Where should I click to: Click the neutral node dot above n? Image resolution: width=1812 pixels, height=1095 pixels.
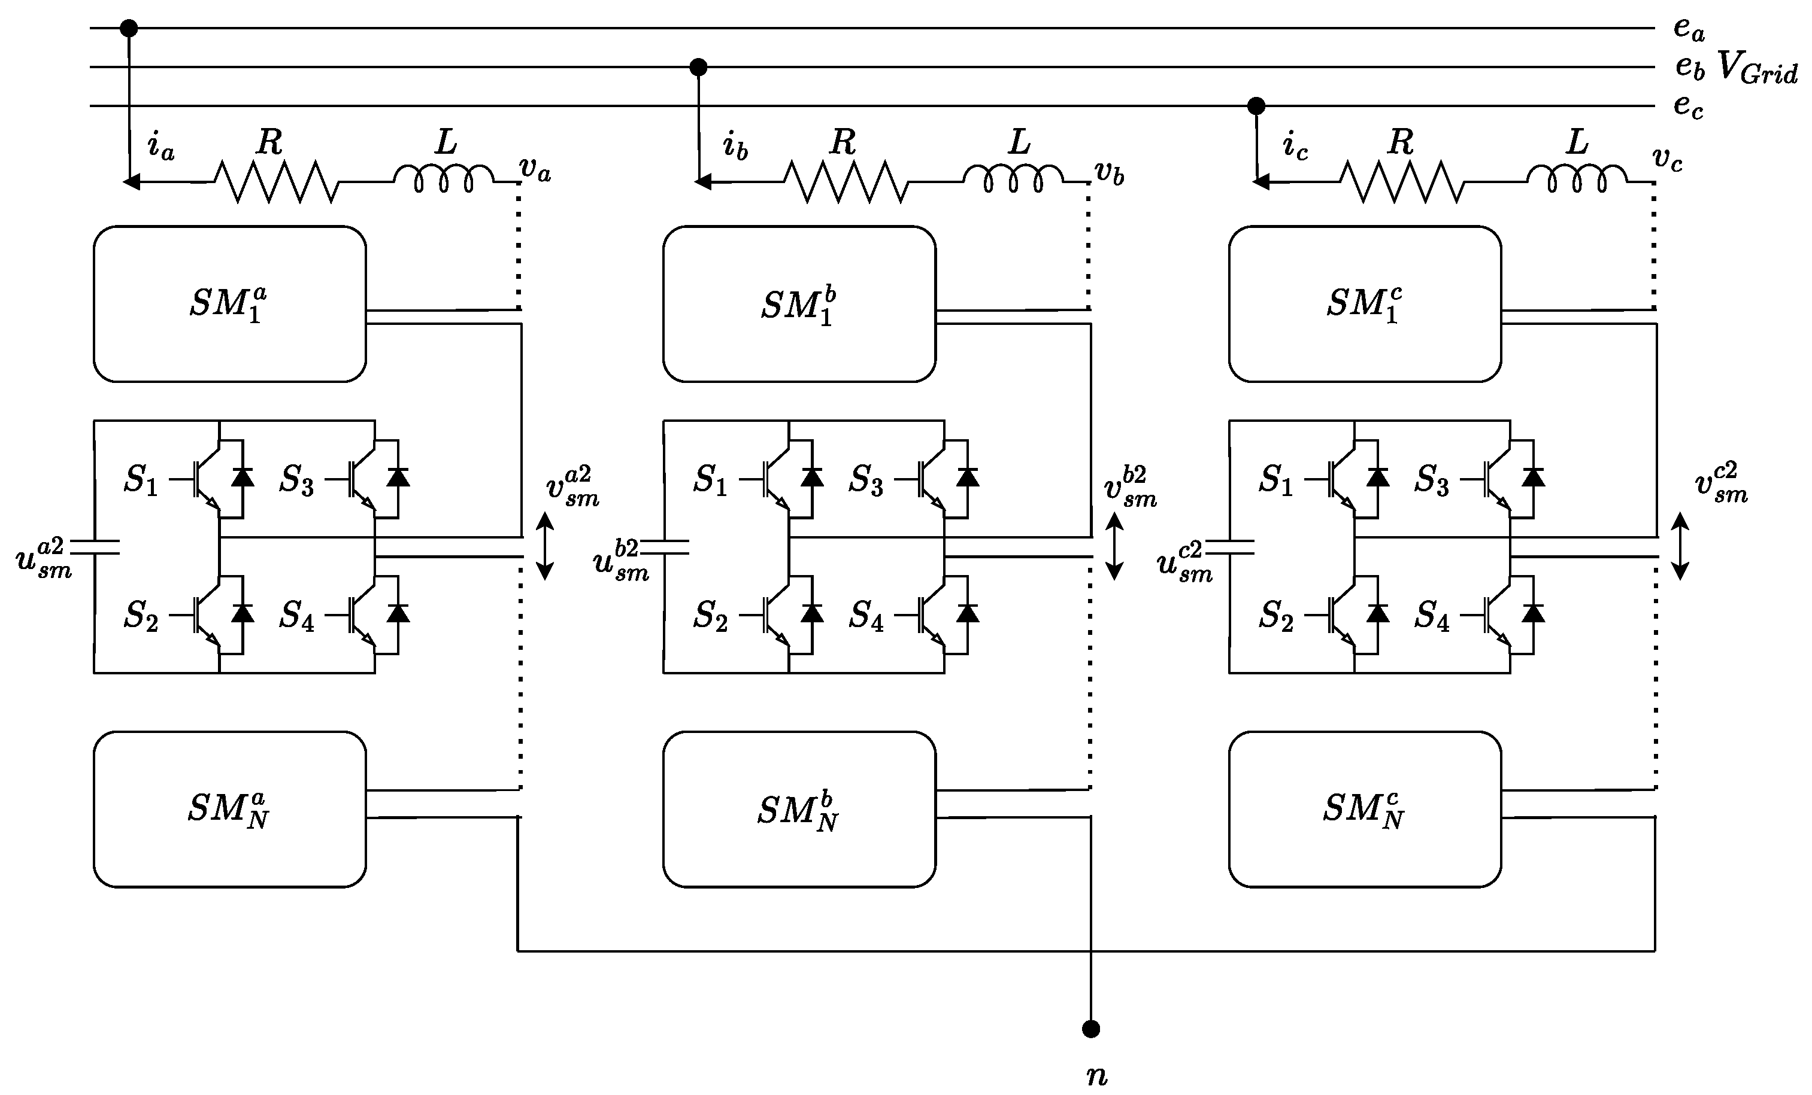click(1090, 1028)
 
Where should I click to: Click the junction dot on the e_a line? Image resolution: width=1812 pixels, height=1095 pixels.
click(129, 29)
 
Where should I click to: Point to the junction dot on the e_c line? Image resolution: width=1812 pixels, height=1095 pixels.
click(1256, 106)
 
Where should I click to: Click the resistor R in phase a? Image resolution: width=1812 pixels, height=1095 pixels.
click(277, 181)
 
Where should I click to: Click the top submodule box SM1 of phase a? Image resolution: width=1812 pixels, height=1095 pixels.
click(229, 304)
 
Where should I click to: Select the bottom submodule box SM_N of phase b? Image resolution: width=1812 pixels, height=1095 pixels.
click(799, 810)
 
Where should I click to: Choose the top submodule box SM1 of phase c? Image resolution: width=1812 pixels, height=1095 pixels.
click(1365, 304)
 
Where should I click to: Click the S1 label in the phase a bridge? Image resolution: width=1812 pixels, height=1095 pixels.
click(141, 480)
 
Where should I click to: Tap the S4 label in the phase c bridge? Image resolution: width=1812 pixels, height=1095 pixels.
click(1431, 616)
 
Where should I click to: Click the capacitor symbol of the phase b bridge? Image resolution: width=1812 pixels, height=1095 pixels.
click(675, 546)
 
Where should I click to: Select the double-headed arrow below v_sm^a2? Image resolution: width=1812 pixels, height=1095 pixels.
click(544, 546)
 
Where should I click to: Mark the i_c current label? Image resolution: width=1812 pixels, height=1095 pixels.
click(1295, 145)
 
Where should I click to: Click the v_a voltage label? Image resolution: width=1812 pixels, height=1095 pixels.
click(535, 169)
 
